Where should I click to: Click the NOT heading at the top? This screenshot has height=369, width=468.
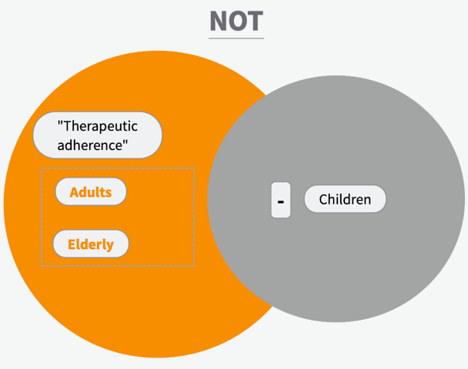(236, 21)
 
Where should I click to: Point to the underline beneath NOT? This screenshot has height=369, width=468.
(236, 38)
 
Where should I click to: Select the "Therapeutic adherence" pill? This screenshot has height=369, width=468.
(97, 135)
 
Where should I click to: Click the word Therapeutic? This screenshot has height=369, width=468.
(100, 126)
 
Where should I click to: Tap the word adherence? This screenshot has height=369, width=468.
(90, 145)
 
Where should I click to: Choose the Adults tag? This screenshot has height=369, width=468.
(91, 191)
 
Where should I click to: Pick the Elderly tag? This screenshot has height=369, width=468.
(91, 244)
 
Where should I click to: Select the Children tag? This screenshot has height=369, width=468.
(345, 199)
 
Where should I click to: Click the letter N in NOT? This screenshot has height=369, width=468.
(218, 21)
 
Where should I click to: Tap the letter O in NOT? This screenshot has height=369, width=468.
(237, 21)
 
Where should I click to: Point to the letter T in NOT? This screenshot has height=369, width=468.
(256, 21)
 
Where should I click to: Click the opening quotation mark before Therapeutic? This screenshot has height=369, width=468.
(60, 122)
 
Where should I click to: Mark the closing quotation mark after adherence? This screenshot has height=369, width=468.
(125, 141)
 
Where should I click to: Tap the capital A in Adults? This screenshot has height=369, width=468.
(74, 192)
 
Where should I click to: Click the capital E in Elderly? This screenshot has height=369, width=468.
(72, 244)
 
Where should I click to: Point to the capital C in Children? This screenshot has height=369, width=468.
(323, 199)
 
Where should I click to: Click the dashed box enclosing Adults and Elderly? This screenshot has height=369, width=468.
(118, 168)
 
